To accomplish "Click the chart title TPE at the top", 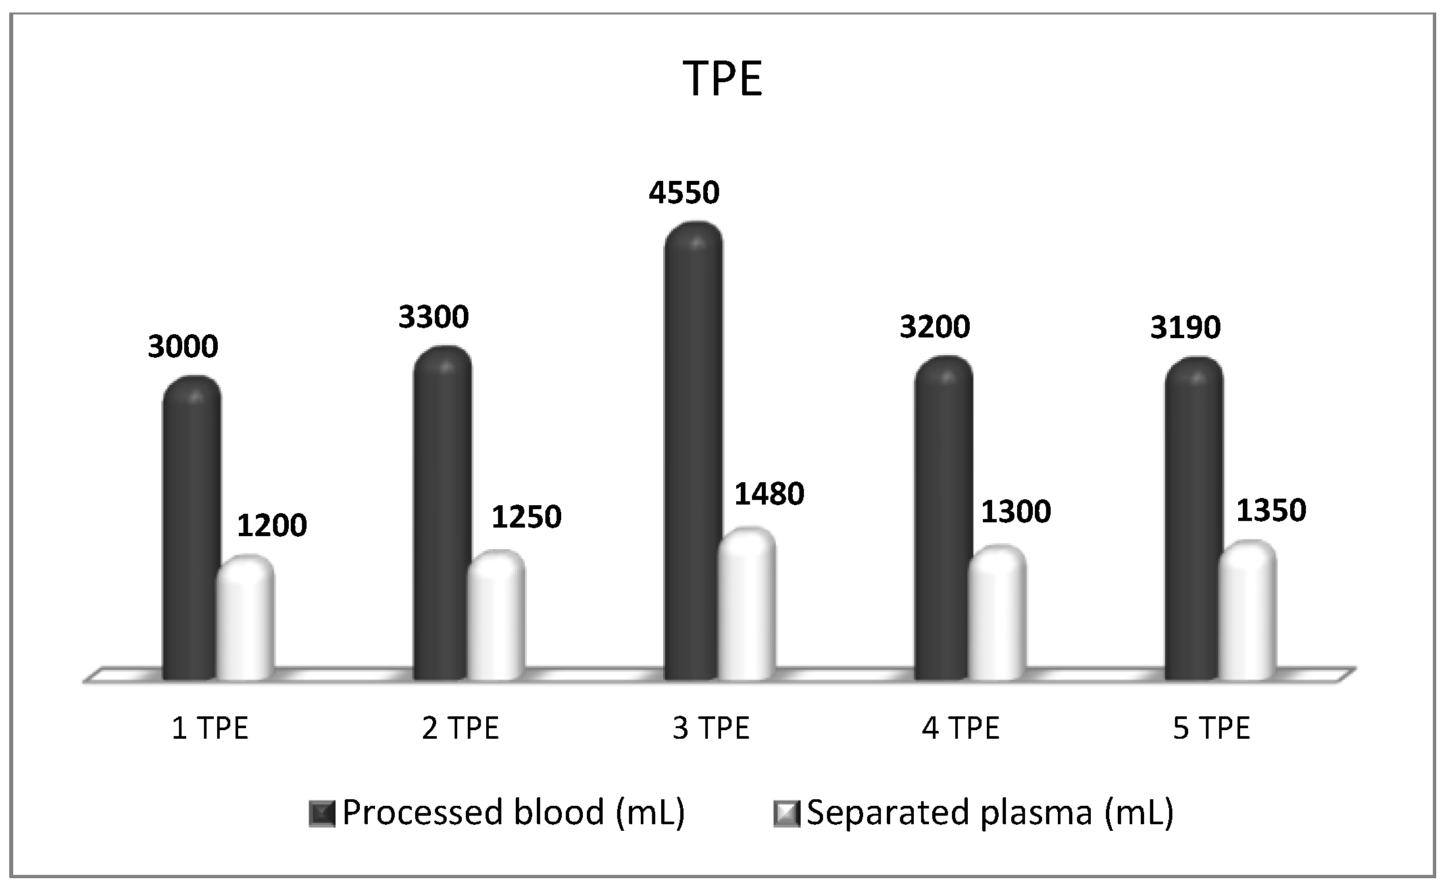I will (722, 79).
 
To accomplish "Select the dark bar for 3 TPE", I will (692, 454).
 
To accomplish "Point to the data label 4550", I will (684, 193).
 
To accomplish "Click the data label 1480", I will (769, 494).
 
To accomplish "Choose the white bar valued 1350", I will (1247, 612).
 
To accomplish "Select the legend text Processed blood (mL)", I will (514, 812).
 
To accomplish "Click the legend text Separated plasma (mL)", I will (990, 812).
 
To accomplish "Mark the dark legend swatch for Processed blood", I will (322, 814).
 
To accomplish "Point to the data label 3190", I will (1186, 327).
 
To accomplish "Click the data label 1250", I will (526, 517).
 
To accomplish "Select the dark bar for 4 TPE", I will (943, 520).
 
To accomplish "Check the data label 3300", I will (434, 317).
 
